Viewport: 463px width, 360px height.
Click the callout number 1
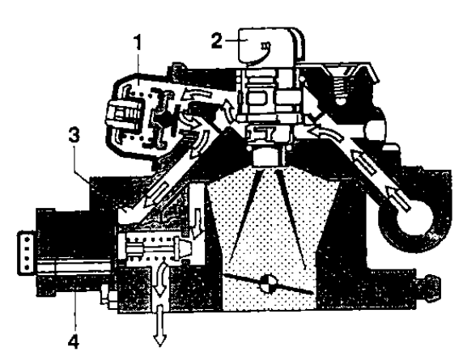138,43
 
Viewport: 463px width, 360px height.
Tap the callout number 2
216,40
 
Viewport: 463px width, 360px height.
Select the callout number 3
74,135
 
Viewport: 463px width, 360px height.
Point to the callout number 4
74,341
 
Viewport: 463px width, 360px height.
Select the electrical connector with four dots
28,253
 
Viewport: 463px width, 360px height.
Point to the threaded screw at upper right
341,87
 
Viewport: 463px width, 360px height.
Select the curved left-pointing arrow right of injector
325,133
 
